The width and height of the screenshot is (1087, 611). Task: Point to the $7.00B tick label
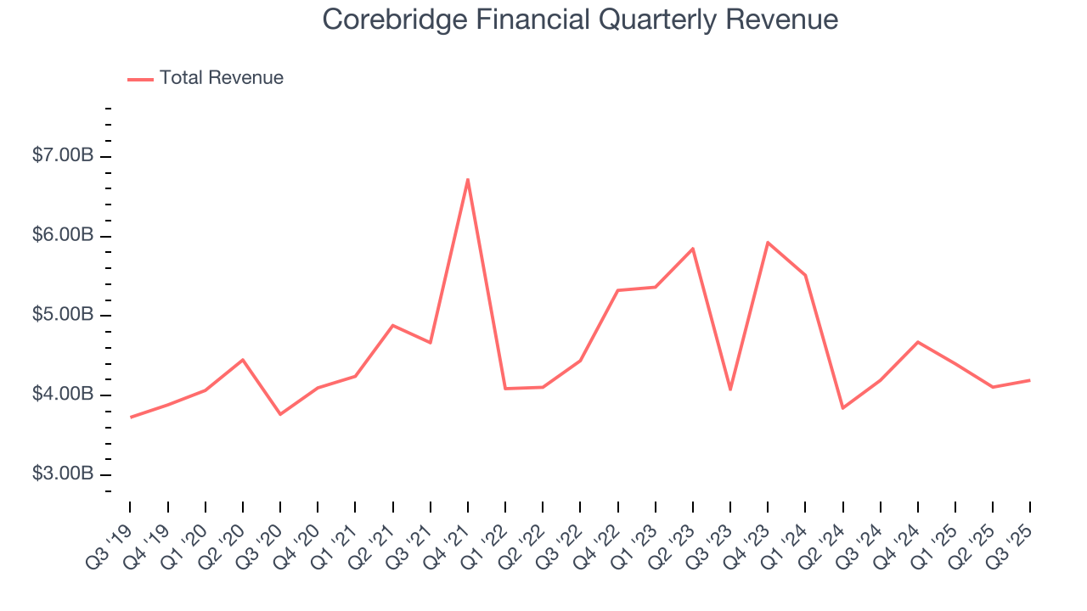tap(63, 156)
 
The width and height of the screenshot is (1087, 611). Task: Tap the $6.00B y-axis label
tap(63, 236)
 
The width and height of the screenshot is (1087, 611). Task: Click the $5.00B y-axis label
tap(63, 316)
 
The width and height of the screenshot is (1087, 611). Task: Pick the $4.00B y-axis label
tap(63, 395)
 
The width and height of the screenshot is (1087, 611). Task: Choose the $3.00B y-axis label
tap(63, 474)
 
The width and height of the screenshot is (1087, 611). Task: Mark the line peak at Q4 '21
tap(468, 179)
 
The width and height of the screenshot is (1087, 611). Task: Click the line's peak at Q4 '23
tap(768, 243)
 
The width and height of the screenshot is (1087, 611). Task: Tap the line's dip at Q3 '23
tap(730, 390)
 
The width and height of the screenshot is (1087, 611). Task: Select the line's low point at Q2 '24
tap(842, 408)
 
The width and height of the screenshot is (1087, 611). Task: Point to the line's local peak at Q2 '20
tap(243, 360)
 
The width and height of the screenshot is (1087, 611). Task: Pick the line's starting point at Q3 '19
tap(130, 417)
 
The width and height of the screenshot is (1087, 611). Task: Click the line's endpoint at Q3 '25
tap(1030, 380)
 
